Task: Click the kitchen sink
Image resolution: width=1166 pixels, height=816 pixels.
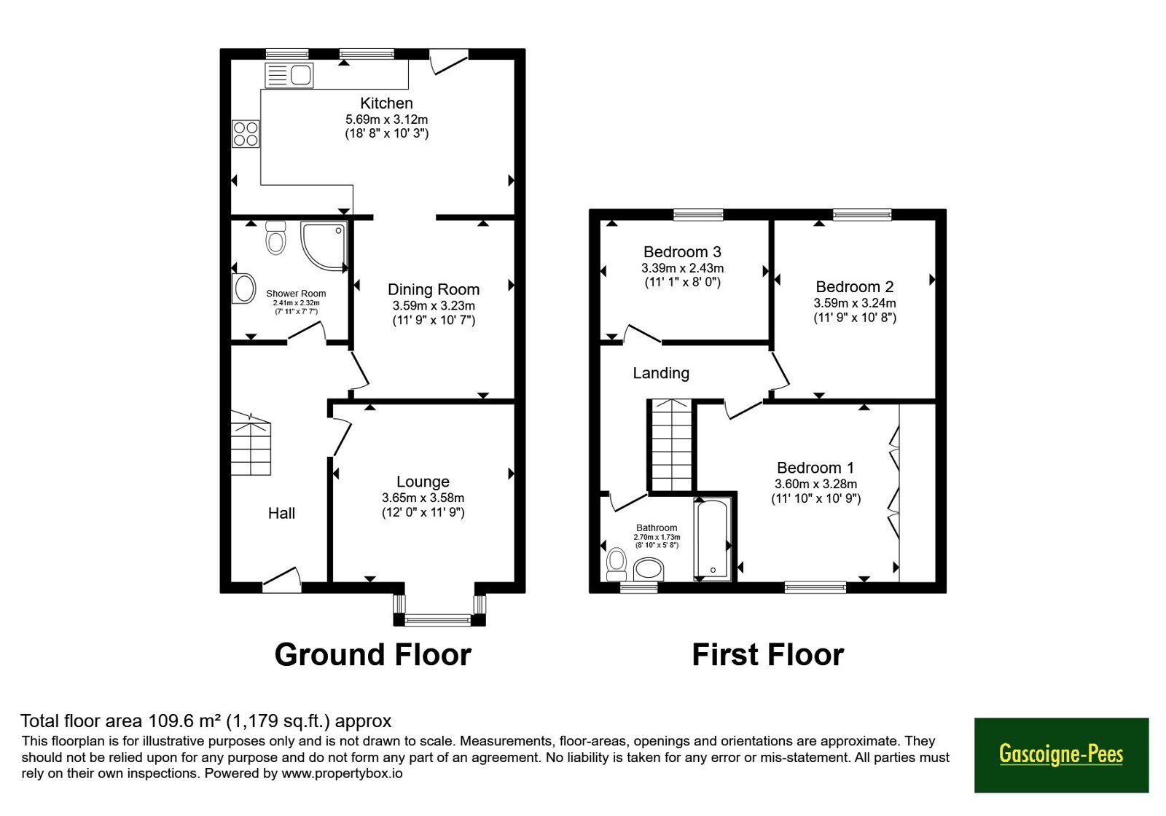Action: [x=289, y=75]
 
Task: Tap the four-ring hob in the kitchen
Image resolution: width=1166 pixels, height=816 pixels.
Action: [x=246, y=134]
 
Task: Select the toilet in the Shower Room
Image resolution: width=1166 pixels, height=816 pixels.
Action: [x=276, y=238]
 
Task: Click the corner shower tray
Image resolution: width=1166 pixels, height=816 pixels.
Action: [x=324, y=247]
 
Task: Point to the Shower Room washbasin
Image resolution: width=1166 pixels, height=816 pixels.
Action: [x=243, y=288]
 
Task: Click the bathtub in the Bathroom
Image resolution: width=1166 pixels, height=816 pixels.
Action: [x=713, y=540]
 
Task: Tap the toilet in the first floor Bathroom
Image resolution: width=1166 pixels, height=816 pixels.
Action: [x=617, y=564]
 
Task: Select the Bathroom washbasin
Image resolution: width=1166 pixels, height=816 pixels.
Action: [x=649, y=570]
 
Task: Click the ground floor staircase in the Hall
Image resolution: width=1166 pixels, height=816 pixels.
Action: [x=251, y=443]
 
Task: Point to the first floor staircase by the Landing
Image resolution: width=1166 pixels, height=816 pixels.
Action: [x=672, y=445]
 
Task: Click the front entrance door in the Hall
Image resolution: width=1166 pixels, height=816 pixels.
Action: [x=281, y=580]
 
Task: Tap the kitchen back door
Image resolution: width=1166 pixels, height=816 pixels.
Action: [x=449, y=62]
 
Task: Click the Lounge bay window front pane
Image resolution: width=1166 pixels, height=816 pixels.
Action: [x=438, y=619]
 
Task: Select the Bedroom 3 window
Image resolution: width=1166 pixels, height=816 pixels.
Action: [x=698, y=214]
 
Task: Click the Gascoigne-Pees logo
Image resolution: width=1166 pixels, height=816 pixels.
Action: [x=1061, y=755]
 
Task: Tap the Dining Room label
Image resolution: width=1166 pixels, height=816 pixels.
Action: [x=434, y=289]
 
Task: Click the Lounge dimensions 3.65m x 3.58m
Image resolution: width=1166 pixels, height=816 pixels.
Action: [x=423, y=498]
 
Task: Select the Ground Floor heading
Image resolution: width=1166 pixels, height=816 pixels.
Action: [x=372, y=655]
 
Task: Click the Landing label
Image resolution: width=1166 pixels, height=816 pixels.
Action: [x=661, y=373]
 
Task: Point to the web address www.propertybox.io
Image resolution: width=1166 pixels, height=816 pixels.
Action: [x=342, y=773]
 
